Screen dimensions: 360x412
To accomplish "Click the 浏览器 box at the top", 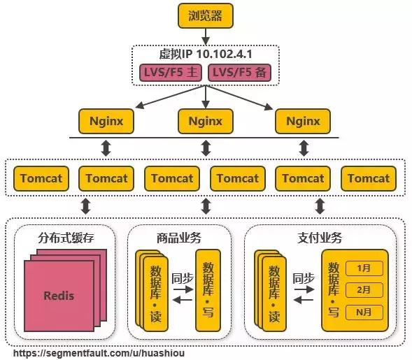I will click(205, 15).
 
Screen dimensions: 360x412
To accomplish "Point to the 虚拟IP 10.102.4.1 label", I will click(205, 53).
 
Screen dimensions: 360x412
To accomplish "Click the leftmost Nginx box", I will click(106, 121).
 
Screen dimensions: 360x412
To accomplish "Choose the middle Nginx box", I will click(205, 121).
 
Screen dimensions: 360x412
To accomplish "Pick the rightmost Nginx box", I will click(302, 121).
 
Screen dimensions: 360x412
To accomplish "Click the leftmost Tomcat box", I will click(41, 178).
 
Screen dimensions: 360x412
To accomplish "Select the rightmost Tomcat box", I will click(368, 178).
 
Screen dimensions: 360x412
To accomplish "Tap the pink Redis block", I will click(59, 295).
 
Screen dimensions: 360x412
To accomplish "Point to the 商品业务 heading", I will click(179, 238).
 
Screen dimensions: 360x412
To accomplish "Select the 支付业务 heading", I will click(319, 238).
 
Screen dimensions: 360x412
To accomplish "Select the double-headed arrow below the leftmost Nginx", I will click(106, 148).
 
